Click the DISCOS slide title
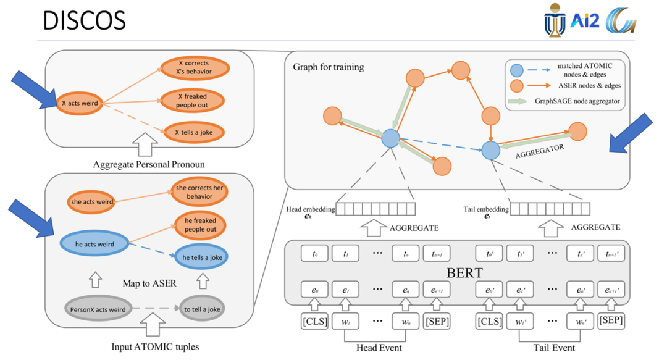point(84,20)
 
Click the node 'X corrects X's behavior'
point(193,67)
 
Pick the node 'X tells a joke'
point(192,132)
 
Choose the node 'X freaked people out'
point(193,101)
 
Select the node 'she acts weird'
point(92,202)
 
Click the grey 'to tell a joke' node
point(201,309)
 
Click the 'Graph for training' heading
point(329,67)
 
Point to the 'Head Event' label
point(379,348)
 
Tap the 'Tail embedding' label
point(486,210)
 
